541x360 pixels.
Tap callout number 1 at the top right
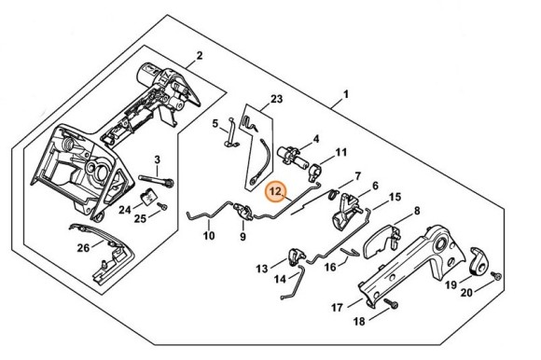(346, 95)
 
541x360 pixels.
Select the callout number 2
(199, 56)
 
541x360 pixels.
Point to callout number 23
(276, 98)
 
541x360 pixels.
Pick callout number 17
(337, 305)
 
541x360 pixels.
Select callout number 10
(209, 236)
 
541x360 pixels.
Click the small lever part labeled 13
(298, 256)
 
